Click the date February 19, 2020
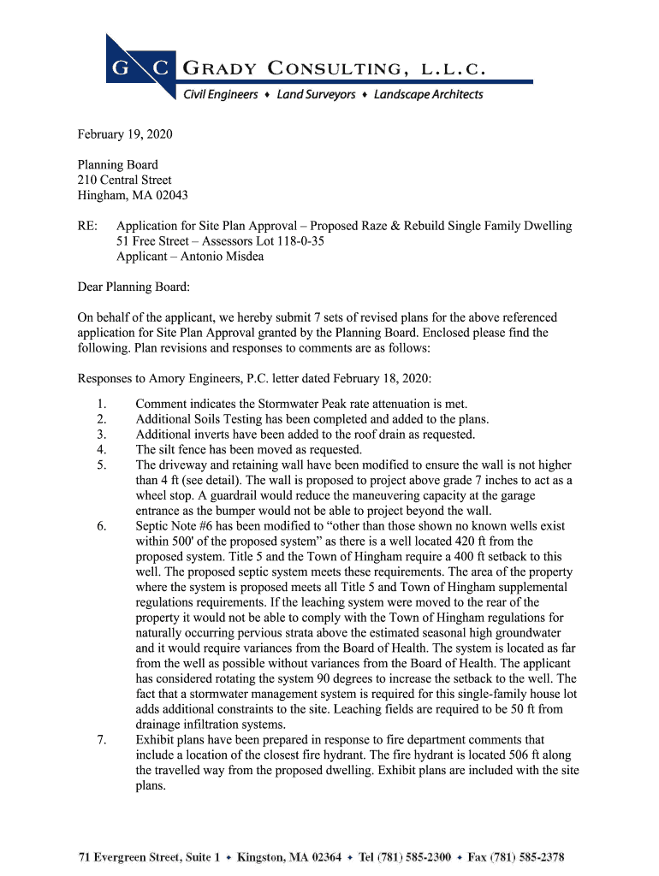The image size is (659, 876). coord(125,134)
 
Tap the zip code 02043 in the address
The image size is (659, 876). coord(170,195)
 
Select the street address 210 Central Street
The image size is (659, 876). coord(125,180)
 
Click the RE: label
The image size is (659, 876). coord(88,226)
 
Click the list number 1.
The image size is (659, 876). coord(101,404)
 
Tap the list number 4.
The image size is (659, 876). coord(101,450)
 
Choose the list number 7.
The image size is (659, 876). coord(101,740)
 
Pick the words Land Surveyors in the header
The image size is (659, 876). coord(316,95)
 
